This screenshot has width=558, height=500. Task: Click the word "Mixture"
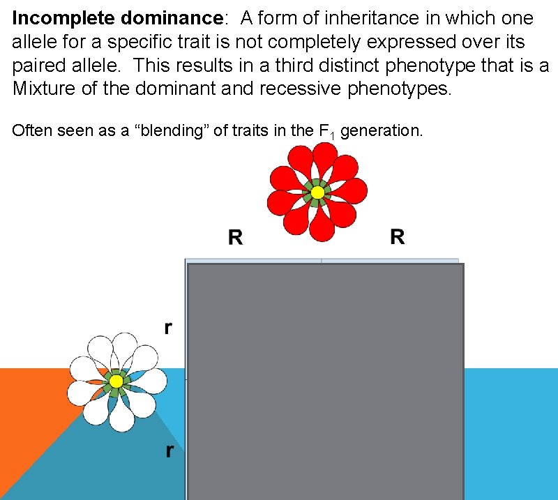click(x=42, y=89)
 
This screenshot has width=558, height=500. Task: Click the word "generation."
click(x=382, y=130)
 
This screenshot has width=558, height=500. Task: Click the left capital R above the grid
click(x=236, y=238)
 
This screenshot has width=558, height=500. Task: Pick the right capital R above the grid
click(x=397, y=237)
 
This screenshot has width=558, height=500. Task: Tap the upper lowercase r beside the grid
click(x=168, y=328)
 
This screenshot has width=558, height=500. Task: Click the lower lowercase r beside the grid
click(x=168, y=450)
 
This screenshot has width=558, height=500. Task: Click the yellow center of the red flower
click(x=317, y=192)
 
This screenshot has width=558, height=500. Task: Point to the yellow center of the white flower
click(x=116, y=381)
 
